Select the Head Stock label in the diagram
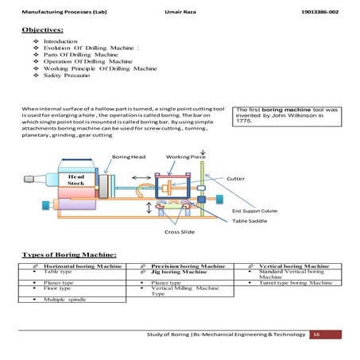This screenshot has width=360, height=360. click(75, 180)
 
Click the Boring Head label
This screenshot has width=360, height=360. click(130, 157)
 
